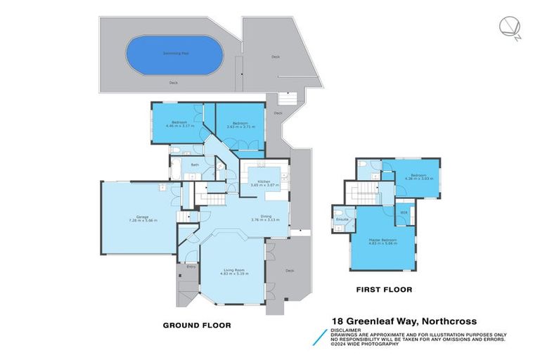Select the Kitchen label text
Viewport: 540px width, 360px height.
(x=264, y=181)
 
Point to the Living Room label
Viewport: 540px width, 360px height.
(x=233, y=270)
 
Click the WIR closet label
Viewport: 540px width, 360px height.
(x=404, y=212)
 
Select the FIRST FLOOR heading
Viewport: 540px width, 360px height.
(x=384, y=289)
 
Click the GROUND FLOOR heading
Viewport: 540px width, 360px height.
(x=197, y=325)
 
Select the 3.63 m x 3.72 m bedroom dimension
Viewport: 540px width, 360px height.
(x=238, y=126)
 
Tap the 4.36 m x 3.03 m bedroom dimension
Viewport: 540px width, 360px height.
(x=419, y=178)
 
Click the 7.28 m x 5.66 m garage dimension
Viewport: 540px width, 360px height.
(x=138, y=221)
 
